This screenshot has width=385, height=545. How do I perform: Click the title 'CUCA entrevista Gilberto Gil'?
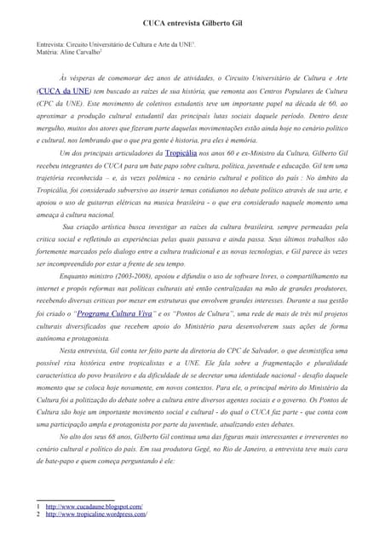192,15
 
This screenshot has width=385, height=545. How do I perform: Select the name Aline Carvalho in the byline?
81,52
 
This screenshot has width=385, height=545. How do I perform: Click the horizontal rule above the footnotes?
76,500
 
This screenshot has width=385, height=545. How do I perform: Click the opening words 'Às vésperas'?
79,77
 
